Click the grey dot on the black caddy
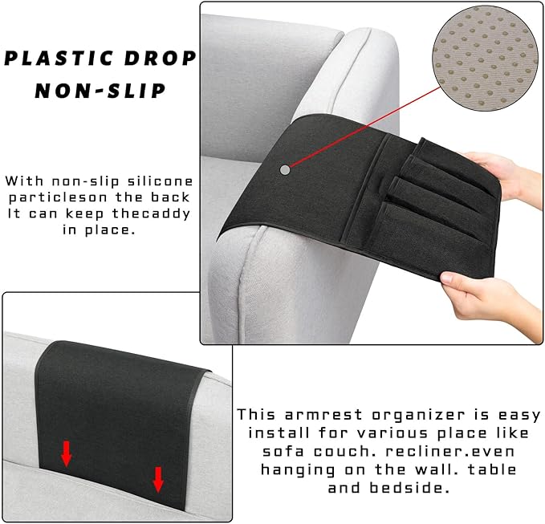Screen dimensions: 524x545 pyautogui.click(x=286, y=169)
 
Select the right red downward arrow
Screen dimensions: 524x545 pyautogui.click(x=158, y=479)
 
